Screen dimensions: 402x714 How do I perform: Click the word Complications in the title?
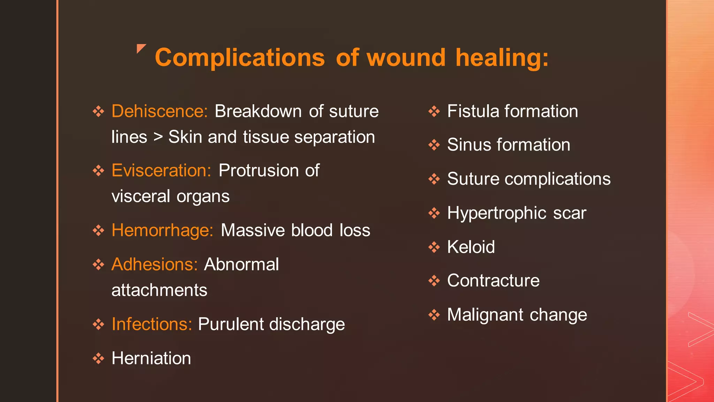point(240,58)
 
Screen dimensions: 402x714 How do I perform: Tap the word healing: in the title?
point(502,58)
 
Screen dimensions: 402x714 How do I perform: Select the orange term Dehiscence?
point(160,111)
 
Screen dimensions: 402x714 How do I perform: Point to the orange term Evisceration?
point(161,171)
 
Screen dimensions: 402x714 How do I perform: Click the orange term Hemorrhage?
point(162,230)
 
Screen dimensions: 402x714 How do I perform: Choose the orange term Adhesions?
point(155,264)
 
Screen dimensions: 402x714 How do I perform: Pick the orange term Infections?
point(152,324)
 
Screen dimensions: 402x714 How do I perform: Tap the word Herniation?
point(151,358)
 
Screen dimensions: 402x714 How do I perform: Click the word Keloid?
point(471,247)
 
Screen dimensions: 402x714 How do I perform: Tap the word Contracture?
point(493,281)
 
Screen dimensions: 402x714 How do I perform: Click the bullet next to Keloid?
point(434,247)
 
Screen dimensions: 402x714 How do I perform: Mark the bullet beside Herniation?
point(98,358)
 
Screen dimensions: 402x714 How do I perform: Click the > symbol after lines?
point(158,137)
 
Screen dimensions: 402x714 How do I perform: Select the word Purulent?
point(231,324)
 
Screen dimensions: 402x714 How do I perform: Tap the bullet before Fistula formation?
point(434,112)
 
